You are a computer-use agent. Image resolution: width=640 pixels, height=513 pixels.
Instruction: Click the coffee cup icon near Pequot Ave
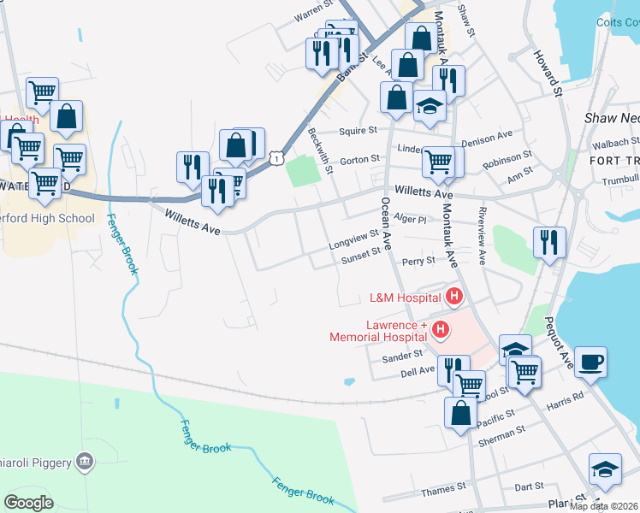pyautogui.click(x=591, y=361)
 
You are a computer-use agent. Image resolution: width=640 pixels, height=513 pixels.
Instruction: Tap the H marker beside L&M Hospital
pyautogui.click(x=453, y=298)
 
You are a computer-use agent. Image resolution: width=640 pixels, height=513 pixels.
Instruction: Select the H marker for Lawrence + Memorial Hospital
pyautogui.click(x=440, y=328)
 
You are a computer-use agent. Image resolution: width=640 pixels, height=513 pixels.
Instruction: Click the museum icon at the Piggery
pyautogui.click(x=85, y=463)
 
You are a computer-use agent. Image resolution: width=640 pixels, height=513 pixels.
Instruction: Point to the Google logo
pyautogui.click(x=29, y=503)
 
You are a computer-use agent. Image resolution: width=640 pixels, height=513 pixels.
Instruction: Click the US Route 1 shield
pyautogui.click(x=275, y=157)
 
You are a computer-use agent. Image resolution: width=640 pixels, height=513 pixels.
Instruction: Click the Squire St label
pyautogui.click(x=358, y=131)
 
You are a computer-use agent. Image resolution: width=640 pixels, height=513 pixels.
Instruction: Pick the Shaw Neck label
pyautogui.click(x=611, y=118)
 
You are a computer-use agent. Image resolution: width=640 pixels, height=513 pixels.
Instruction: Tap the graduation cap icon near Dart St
pyautogui.click(x=604, y=469)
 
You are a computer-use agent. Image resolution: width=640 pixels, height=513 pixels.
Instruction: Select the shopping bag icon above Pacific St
pyautogui.click(x=460, y=412)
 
